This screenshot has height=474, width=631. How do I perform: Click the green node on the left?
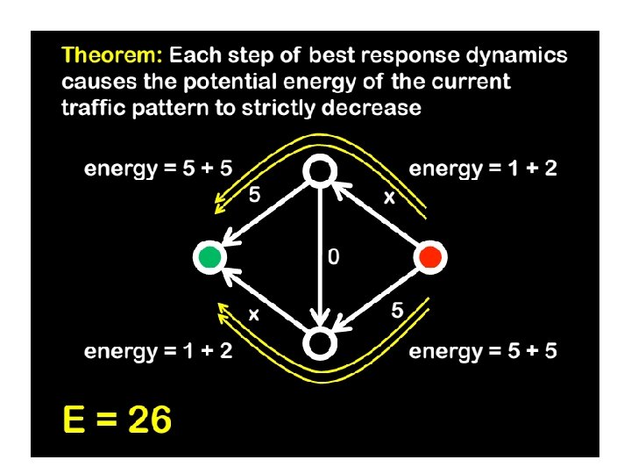point(209,257)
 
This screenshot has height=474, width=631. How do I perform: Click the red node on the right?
point(429,257)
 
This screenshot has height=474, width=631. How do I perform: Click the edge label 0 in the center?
point(333,257)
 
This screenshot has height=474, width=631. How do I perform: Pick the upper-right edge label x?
point(389,199)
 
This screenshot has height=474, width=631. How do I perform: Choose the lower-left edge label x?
point(254,313)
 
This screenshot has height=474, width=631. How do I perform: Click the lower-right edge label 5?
point(397,310)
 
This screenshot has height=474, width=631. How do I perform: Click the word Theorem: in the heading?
point(111,56)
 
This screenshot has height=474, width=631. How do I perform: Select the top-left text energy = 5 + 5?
point(158,169)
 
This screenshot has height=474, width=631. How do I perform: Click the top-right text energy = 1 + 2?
point(483,169)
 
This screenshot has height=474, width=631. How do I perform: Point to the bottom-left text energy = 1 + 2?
point(158,352)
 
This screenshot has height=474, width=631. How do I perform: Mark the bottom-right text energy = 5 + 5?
point(483,352)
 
